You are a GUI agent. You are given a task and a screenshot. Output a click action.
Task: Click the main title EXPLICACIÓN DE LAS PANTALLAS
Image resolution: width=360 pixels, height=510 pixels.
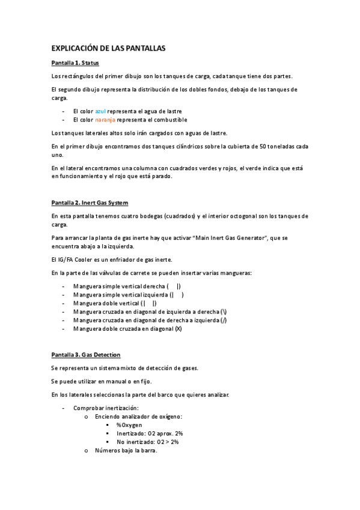tap(108, 48)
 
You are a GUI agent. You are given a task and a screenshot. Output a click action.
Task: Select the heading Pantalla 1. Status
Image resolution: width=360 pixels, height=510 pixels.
tap(75, 63)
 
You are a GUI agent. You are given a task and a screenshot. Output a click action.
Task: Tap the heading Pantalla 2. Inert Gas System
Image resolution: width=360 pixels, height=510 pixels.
tap(90, 203)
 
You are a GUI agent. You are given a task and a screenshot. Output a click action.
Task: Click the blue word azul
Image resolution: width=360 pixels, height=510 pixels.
tap(100, 111)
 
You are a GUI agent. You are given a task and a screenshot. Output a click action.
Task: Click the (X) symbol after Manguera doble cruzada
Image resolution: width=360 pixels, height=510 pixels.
tap(178, 328)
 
